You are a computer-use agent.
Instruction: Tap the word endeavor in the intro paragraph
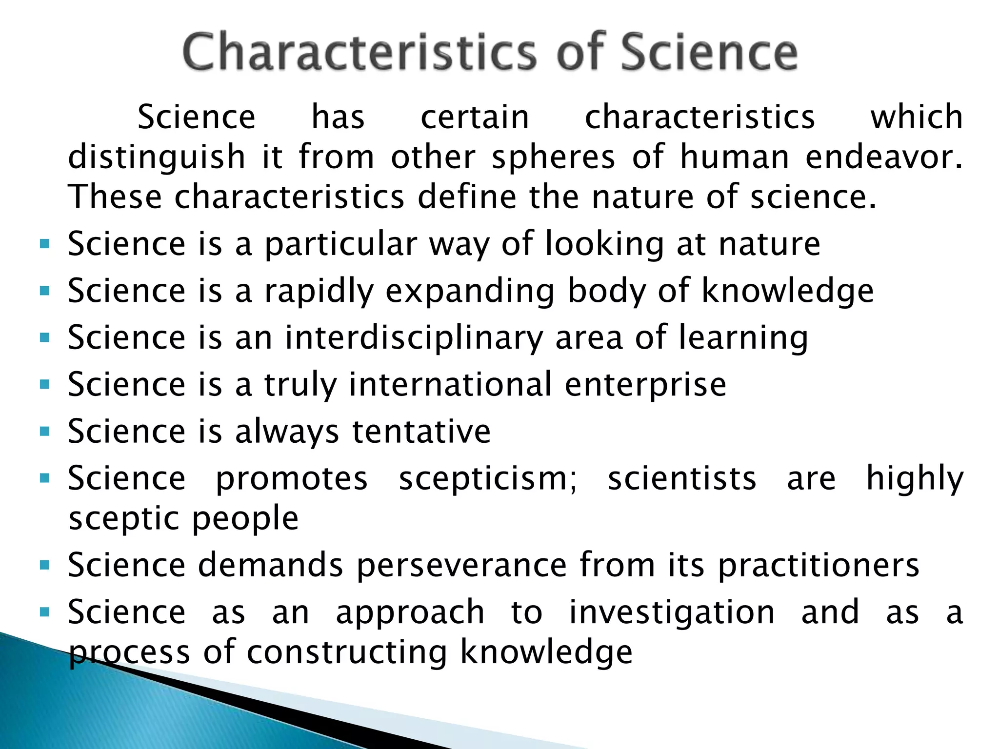click(x=884, y=157)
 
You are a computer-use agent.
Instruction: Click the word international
click(x=450, y=384)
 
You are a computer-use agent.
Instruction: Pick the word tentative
click(x=421, y=432)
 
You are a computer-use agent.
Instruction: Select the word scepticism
click(x=488, y=479)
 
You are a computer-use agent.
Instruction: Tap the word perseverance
click(x=461, y=566)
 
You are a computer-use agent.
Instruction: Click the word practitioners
click(x=819, y=566)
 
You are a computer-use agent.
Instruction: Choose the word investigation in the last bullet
click(x=672, y=613)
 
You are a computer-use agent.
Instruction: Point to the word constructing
click(x=347, y=652)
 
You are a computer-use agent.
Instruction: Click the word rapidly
click(x=319, y=292)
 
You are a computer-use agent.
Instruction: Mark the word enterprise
click(x=645, y=384)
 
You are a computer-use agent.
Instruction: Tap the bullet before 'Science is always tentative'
click(x=45, y=432)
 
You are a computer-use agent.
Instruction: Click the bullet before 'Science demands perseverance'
click(x=45, y=566)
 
